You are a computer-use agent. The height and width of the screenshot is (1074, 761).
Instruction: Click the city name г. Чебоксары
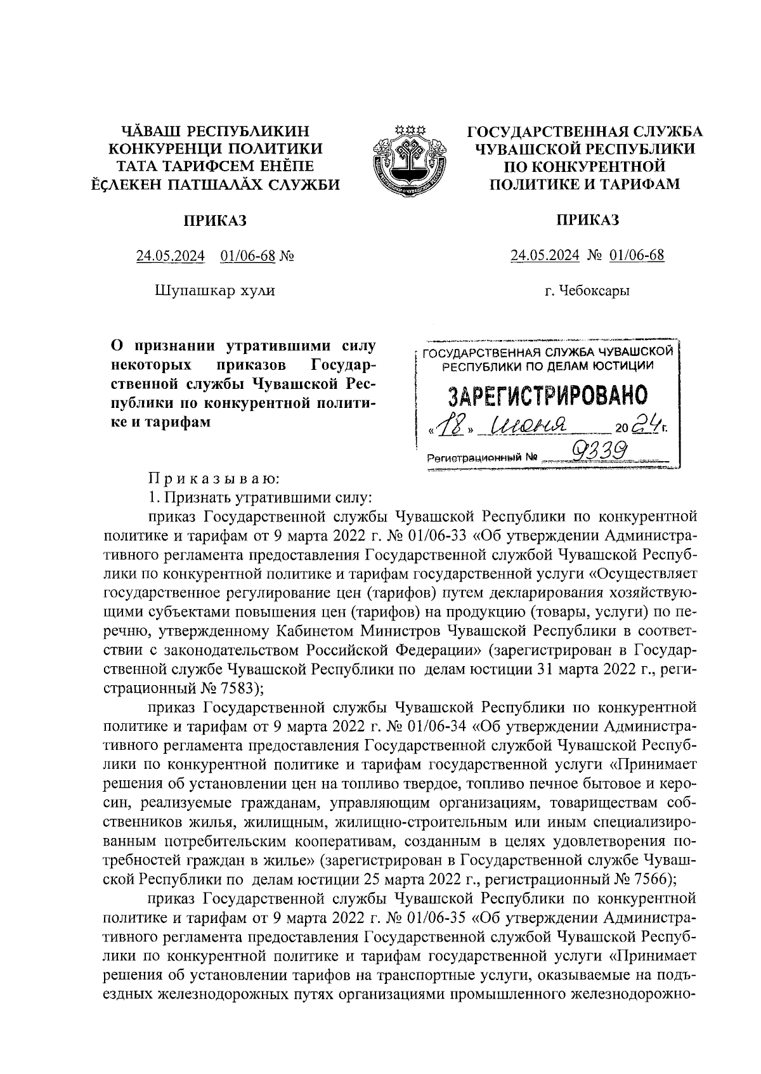[587, 292]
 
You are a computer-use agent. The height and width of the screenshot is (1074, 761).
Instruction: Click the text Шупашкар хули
[215, 291]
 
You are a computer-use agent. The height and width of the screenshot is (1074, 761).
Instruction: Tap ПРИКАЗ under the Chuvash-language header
[215, 220]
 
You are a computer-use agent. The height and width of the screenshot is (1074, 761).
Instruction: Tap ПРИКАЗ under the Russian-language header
[587, 220]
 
